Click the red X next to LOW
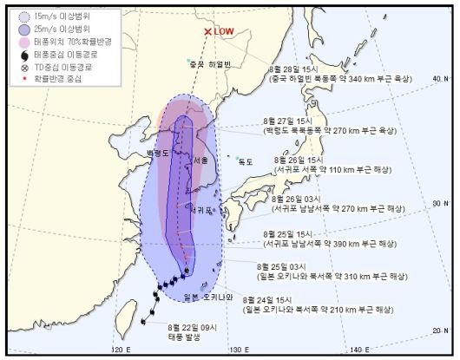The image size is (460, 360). coord(207,32)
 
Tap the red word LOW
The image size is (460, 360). coord(225,32)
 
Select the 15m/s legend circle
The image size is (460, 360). coord(22,14)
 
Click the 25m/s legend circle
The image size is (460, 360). coord(22,29)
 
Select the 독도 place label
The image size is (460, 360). coord(246,160)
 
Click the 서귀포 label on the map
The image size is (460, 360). coord(200,209)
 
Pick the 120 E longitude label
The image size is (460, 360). coord(121,349)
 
